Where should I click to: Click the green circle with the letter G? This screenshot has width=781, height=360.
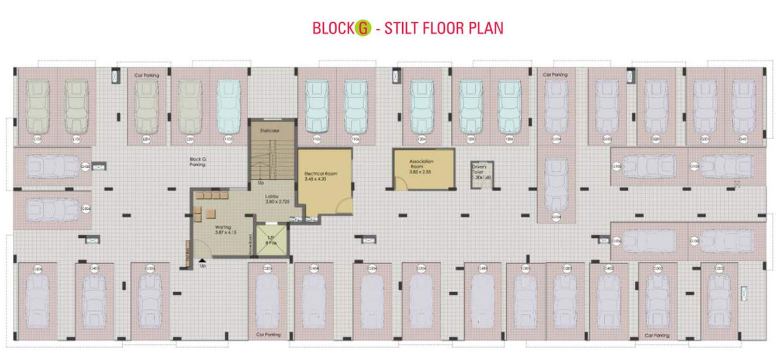pyautogui.click(x=364, y=27)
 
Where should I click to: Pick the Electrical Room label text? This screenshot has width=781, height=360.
pyautogui.click(x=320, y=174)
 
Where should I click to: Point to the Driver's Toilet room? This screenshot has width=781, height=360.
pyautogui.click(x=482, y=175)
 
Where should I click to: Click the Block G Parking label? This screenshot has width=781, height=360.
pyautogui.click(x=197, y=162)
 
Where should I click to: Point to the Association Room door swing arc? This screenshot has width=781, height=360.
pyautogui.click(x=401, y=184)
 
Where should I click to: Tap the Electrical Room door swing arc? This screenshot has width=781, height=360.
pyautogui.click(x=345, y=206)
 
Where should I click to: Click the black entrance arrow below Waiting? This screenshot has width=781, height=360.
pyautogui.click(x=202, y=261)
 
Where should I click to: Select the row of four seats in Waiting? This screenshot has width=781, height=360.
pyautogui.click(x=211, y=195)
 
